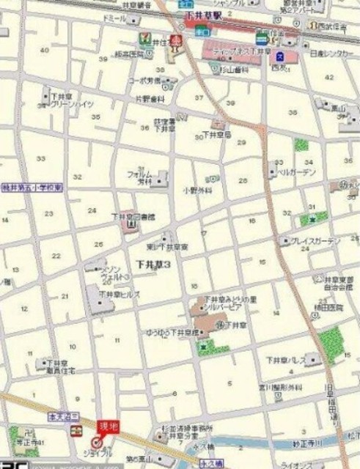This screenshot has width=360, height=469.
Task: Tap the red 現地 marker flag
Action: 107,426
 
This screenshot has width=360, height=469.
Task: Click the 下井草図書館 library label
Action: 133,217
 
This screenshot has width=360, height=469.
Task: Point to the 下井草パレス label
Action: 286,360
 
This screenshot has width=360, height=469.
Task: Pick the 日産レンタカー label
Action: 332,54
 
